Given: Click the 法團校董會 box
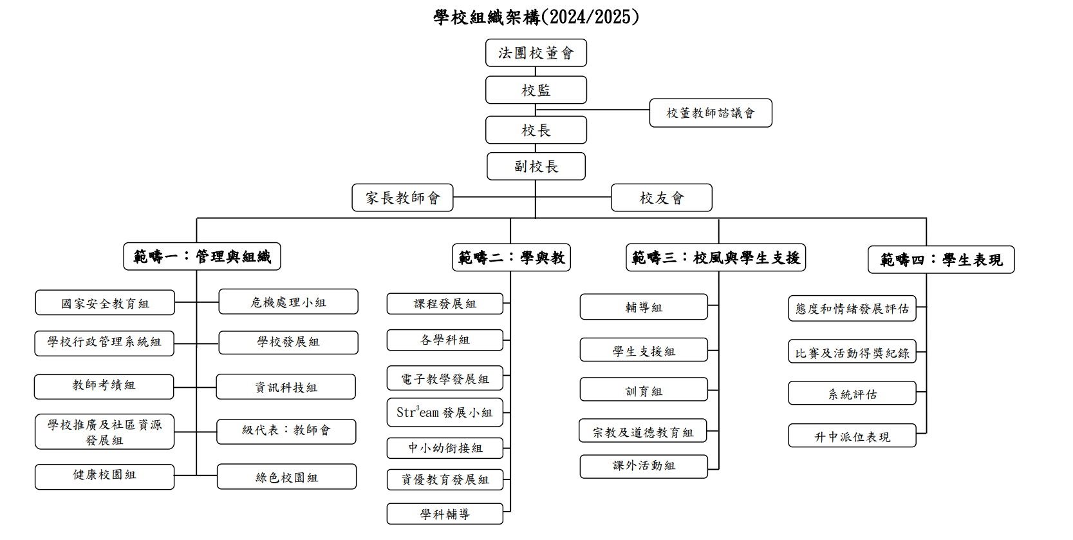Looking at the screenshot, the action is [x=536, y=53].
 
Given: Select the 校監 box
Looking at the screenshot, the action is [x=536, y=90].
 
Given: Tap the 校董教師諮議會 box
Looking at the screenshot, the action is [x=711, y=113].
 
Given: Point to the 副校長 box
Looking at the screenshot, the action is [x=536, y=166].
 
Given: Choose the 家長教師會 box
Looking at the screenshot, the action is [x=402, y=198].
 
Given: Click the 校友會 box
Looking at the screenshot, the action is [x=662, y=198].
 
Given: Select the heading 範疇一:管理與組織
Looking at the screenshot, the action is [x=202, y=256].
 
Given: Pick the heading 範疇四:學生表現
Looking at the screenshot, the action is [x=941, y=260].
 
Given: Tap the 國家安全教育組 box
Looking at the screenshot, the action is [x=105, y=303].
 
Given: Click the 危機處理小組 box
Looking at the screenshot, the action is [x=288, y=302].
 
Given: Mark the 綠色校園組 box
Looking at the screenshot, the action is [x=286, y=477].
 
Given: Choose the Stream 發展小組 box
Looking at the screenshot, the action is [x=445, y=412].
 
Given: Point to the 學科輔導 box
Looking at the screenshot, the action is [x=445, y=514].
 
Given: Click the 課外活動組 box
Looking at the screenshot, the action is [x=644, y=467].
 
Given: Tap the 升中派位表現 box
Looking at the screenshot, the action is [x=852, y=436].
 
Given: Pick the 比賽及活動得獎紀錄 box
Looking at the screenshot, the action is [x=852, y=352].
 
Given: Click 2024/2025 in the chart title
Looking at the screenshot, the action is [x=590, y=17].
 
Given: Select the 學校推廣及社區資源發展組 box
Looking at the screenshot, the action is [x=104, y=432].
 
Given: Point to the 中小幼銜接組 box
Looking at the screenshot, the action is [x=445, y=448].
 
